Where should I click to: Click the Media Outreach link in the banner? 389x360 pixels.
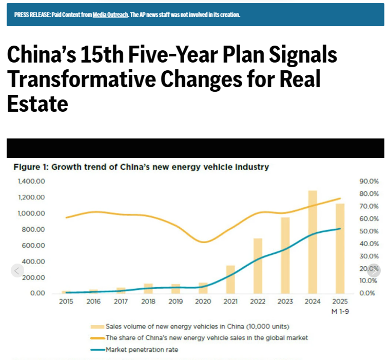110,14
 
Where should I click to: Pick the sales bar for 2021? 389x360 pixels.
230,279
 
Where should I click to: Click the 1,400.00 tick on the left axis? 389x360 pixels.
32,182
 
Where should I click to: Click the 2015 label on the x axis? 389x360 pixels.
66,302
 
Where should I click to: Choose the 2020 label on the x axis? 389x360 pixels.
203,302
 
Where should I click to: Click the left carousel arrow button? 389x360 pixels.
17,271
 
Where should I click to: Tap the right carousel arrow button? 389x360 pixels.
374,271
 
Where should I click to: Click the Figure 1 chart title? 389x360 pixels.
141,167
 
